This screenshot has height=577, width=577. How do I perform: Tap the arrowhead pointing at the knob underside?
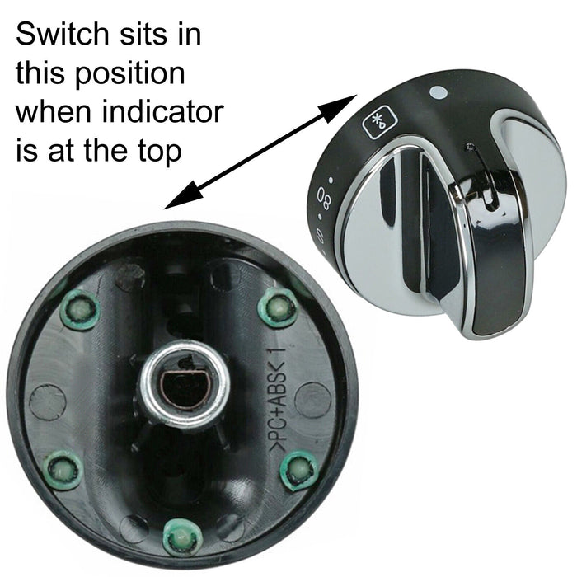coord(180,196)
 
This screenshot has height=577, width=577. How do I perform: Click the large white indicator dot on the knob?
coord(437,95)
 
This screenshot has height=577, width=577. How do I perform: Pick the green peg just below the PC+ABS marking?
coord(300,470)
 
